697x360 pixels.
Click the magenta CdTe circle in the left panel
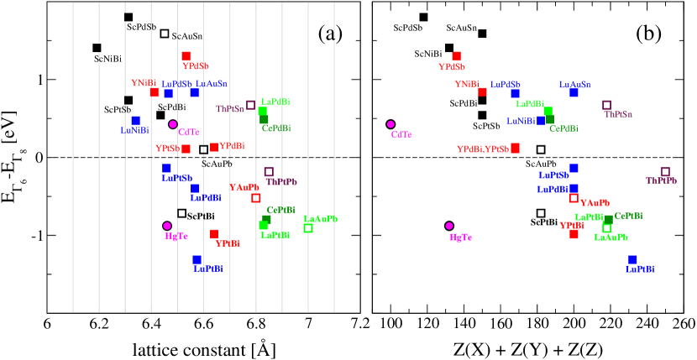tap(173, 124)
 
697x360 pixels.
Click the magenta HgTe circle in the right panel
tap(449, 226)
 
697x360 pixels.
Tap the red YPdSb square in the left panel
tap(186, 56)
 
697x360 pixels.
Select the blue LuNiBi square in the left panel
tap(136, 120)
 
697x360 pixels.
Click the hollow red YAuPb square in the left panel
tap(256, 198)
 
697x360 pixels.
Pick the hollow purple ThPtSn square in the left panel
tap(250, 105)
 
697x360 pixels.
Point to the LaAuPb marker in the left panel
tap(308, 228)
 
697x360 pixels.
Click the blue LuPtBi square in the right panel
tap(632, 259)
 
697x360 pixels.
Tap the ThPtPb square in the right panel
tap(665, 172)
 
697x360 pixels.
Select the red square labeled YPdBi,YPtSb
tap(515, 148)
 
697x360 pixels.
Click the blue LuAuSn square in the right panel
tap(574, 92)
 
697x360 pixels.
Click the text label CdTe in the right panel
tap(401, 135)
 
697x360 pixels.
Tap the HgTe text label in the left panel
tap(176, 237)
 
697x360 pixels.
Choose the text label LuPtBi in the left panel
tap(208, 269)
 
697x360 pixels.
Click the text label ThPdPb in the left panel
tap(281, 182)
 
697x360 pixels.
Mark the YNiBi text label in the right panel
tap(467, 85)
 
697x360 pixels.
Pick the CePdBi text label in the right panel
tap(563, 129)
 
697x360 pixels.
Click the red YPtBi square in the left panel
tap(214, 234)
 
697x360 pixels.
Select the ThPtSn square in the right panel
tap(606, 105)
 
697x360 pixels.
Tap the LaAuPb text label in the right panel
tap(611, 238)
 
